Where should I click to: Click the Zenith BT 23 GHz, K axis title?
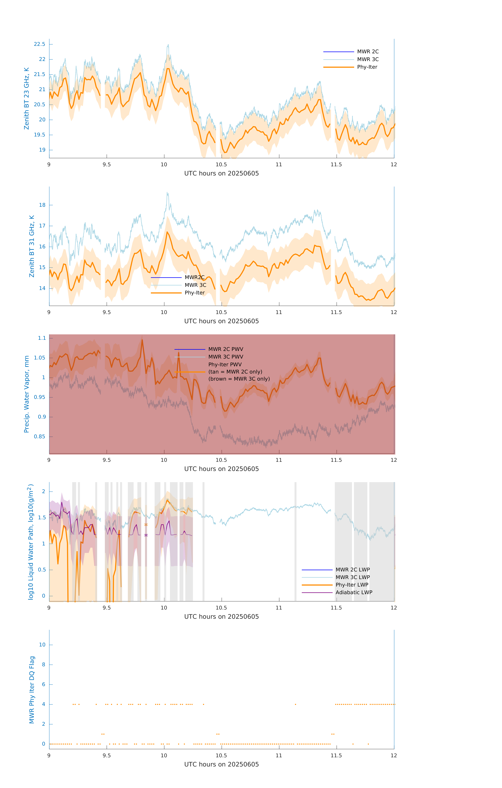(27, 98)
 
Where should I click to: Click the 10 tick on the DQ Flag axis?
(42, 645)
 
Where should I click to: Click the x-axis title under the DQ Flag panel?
(221, 764)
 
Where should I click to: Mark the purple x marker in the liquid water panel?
(146, 535)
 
